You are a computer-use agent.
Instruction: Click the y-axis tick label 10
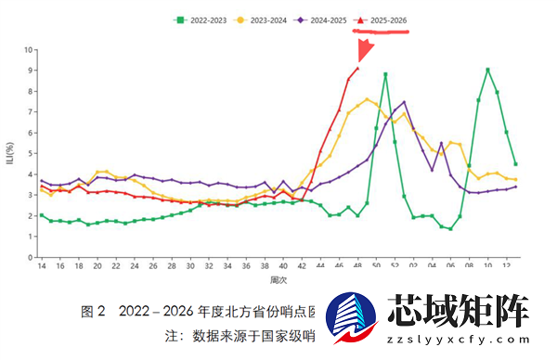click(29, 49)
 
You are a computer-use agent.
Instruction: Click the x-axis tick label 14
click(41, 266)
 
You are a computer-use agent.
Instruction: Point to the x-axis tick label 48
click(358, 266)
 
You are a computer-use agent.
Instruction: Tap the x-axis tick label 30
click(190, 266)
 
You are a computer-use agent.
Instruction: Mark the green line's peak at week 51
click(385, 74)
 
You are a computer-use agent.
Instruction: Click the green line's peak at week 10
click(488, 70)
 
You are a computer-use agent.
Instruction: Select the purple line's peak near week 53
click(404, 102)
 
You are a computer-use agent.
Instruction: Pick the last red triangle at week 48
click(358, 68)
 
